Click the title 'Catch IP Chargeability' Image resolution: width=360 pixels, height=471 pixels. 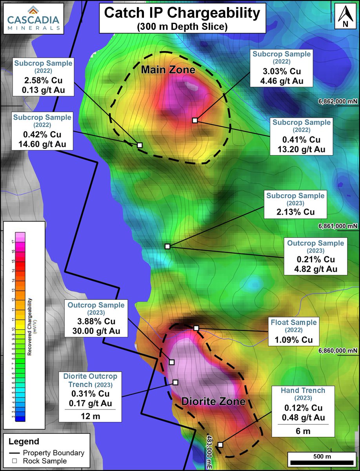[182, 14]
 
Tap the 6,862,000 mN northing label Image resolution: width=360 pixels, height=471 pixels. [337, 101]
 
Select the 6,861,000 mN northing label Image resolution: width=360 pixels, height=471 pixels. [337, 226]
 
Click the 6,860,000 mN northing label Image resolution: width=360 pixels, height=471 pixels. [337, 351]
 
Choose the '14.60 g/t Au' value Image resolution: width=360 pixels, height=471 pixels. [42, 144]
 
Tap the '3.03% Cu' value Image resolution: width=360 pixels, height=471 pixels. [282, 72]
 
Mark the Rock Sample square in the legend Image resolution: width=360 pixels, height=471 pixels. [15, 461]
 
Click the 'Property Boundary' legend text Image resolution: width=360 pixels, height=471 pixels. [53, 453]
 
